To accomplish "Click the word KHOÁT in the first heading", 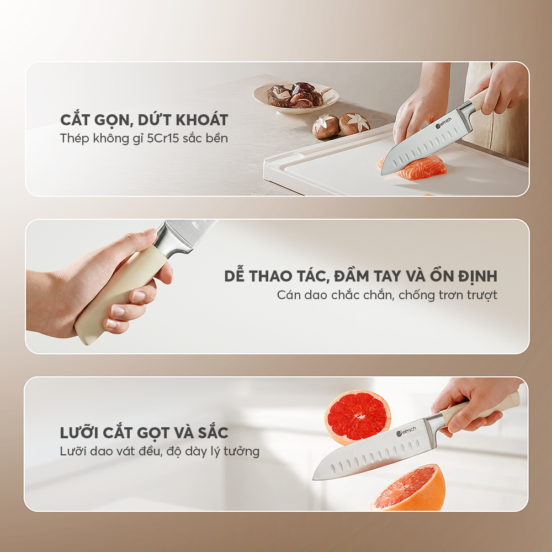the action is pyautogui.click(x=202, y=120).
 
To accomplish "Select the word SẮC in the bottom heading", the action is pyautogui.click(x=213, y=432).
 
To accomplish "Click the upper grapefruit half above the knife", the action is pyautogui.click(x=357, y=417).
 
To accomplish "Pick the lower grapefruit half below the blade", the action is pyautogui.click(x=408, y=487).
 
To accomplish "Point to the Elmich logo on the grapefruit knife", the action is pyautogui.click(x=406, y=431).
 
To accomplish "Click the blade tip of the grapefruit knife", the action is pyautogui.click(x=314, y=479).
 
